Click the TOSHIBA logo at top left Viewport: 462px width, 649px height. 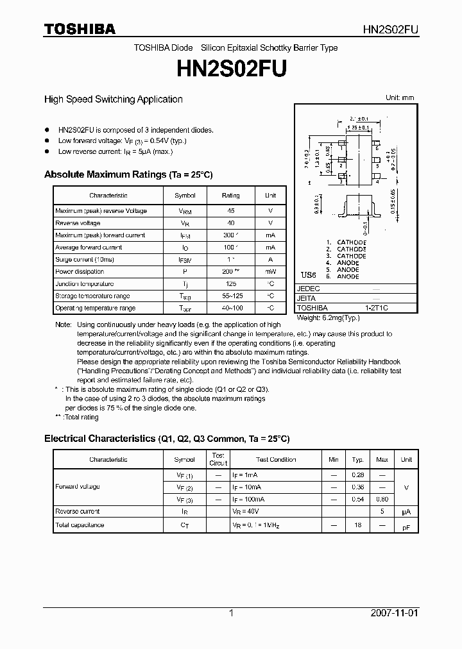(x=80, y=29)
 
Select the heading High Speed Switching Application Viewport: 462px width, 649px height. (x=113, y=99)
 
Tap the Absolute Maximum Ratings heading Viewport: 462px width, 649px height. (x=128, y=174)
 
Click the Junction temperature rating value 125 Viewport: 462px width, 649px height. (x=230, y=284)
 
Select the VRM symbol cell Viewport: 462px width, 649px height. (x=185, y=211)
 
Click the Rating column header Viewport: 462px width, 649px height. (x=230, y=196)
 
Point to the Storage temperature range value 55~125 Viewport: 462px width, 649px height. (x=230, y=296)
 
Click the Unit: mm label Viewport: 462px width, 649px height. (x=399, y=97)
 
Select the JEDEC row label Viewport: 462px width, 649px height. (x=309, y=289)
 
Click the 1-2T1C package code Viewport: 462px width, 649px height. (x=376, y=308)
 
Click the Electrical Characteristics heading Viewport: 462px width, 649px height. (x=167, y=439)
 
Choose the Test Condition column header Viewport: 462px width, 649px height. (x=276, y=460)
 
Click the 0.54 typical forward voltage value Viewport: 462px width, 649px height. (x=358, y=499)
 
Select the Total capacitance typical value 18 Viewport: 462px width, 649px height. (x=358, y=525)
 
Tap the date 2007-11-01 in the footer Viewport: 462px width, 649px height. (x=394, y=613)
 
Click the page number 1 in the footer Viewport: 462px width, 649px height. (x=231, y=613)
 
